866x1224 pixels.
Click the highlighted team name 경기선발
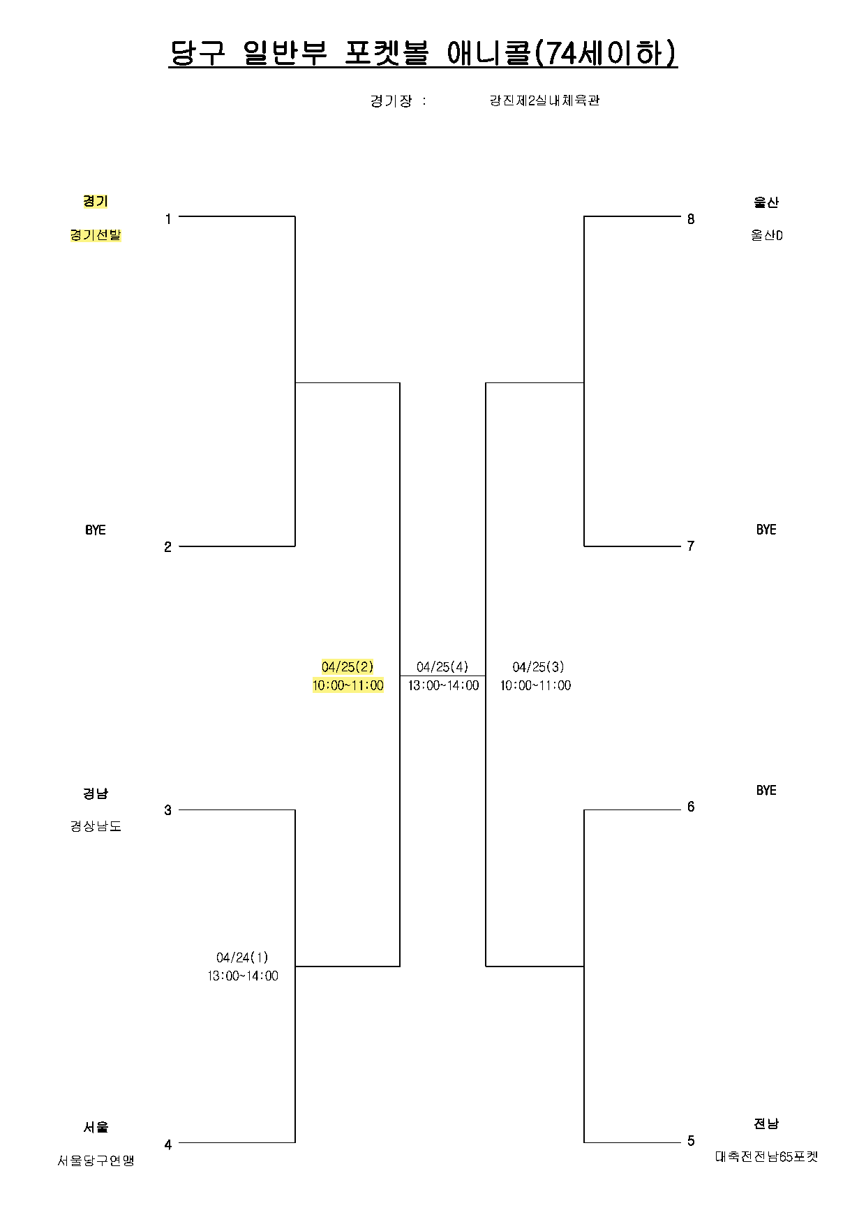point(96,235)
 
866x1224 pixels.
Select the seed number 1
point(167,219)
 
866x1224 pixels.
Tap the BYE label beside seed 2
point(96,530)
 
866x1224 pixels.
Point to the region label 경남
point(96,793)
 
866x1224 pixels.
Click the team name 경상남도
point(96,826)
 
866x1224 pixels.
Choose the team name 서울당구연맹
point(96,1160)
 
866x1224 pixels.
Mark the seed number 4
point(167,1144)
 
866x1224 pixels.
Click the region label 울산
point(766,202)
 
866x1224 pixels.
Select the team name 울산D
point(766,235)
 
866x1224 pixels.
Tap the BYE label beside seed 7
point(766,530)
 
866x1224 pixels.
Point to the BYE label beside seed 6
point(766,790)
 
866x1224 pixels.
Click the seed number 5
point(691,1141)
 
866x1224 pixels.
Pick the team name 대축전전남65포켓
point(766,1156)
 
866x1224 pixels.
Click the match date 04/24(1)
point(242,957)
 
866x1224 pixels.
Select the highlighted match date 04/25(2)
point(348,667)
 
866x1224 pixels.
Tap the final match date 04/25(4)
point(442,667)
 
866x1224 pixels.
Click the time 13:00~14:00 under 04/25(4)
point(443,685)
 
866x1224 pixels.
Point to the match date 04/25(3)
point(538,667)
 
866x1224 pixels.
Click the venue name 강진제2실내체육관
point(544,100)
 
